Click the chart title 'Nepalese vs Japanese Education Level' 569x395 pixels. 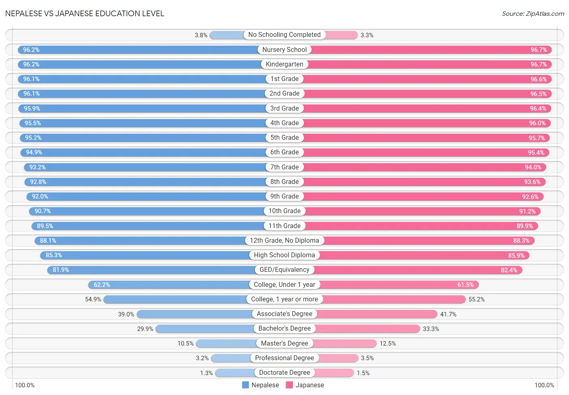[x=85, y=13]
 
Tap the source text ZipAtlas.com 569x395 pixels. [x=533, y=14]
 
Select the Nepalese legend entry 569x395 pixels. [x=261, y=385]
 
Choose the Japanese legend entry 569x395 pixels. [x=305, y=385]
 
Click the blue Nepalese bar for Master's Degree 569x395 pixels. [x=226, y=344]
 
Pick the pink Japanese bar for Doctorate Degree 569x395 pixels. [x=334, y=373]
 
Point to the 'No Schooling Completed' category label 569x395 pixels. [x=284, y=35]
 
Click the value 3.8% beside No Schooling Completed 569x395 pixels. [x=201, y=35]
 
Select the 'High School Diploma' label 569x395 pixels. [x=284, y=255]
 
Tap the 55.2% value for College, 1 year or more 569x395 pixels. [x=476, y=299]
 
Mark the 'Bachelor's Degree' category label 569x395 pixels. [x=284, y=329]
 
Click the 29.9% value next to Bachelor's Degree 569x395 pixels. [x=145, y=329]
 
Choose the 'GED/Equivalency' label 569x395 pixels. [x=284, y=270]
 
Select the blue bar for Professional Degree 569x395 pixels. [x=231, y=358]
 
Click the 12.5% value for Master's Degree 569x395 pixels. [x=388, y=344]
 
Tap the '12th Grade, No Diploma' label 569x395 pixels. [x=284, y=241]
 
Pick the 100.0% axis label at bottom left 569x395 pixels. [x=25, y=385]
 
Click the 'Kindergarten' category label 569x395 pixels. [x=284, y=64]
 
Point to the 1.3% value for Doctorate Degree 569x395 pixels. [x=206, y=373]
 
